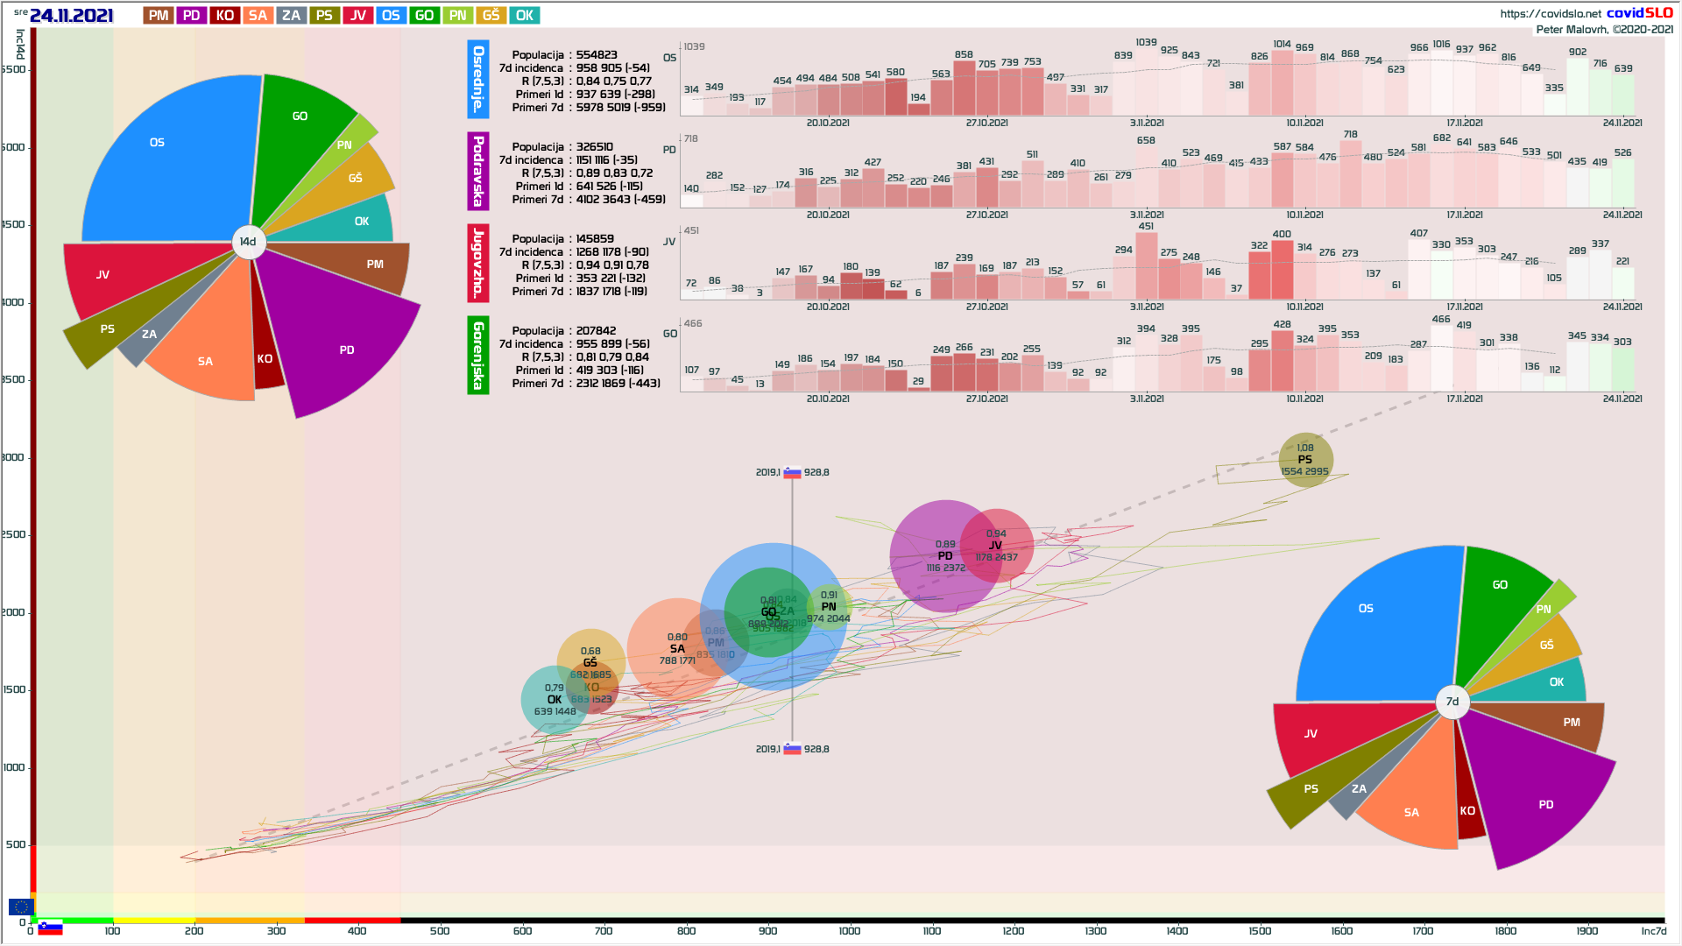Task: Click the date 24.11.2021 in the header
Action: (x=71, y=15)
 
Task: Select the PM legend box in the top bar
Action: (x=159, y=15)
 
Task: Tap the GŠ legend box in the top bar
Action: (x=491, y=15)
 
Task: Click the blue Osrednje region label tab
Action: (x=478, y=79)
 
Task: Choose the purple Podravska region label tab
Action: (x=478, y=171)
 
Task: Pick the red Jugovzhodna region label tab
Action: (x=478, y=263)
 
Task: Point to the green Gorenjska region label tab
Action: (x=478, y=355)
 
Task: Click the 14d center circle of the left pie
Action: (x=248, y=242)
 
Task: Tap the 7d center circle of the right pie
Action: (x=1452, y=702)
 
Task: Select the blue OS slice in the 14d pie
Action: (x=158, y=158)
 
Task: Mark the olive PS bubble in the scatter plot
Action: (x=1305, y=459)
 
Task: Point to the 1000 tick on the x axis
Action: (x=850, y=930)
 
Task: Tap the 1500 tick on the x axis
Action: (x=1260, y=930)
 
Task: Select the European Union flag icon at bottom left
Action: (x=21, y=907)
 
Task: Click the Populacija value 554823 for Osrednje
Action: (x=597, y=54)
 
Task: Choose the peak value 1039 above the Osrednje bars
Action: (x=1146, y=42)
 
